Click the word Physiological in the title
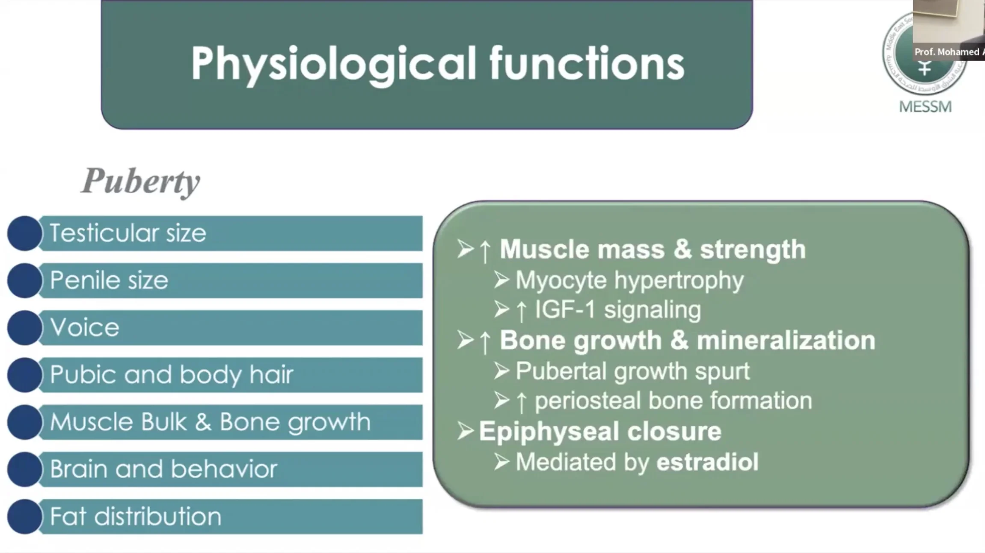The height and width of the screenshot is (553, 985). coord(333,64)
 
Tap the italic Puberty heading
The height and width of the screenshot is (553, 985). coord(141,182)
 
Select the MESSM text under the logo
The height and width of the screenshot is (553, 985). coord(926,106)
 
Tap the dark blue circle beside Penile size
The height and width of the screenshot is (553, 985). coord(25,280)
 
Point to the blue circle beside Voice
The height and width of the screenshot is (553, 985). coord(25,328)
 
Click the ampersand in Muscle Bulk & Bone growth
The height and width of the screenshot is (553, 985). coord(203,422)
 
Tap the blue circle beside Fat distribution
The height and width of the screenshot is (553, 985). coord(25,516)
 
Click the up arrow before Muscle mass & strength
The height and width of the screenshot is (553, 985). coord(485,251)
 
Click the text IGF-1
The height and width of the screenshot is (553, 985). coord(565,309)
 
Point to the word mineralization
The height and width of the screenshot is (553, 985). coord(786,340)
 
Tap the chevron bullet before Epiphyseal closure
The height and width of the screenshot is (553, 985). coord(466,431)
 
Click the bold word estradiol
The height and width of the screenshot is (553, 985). coord(707,462)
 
